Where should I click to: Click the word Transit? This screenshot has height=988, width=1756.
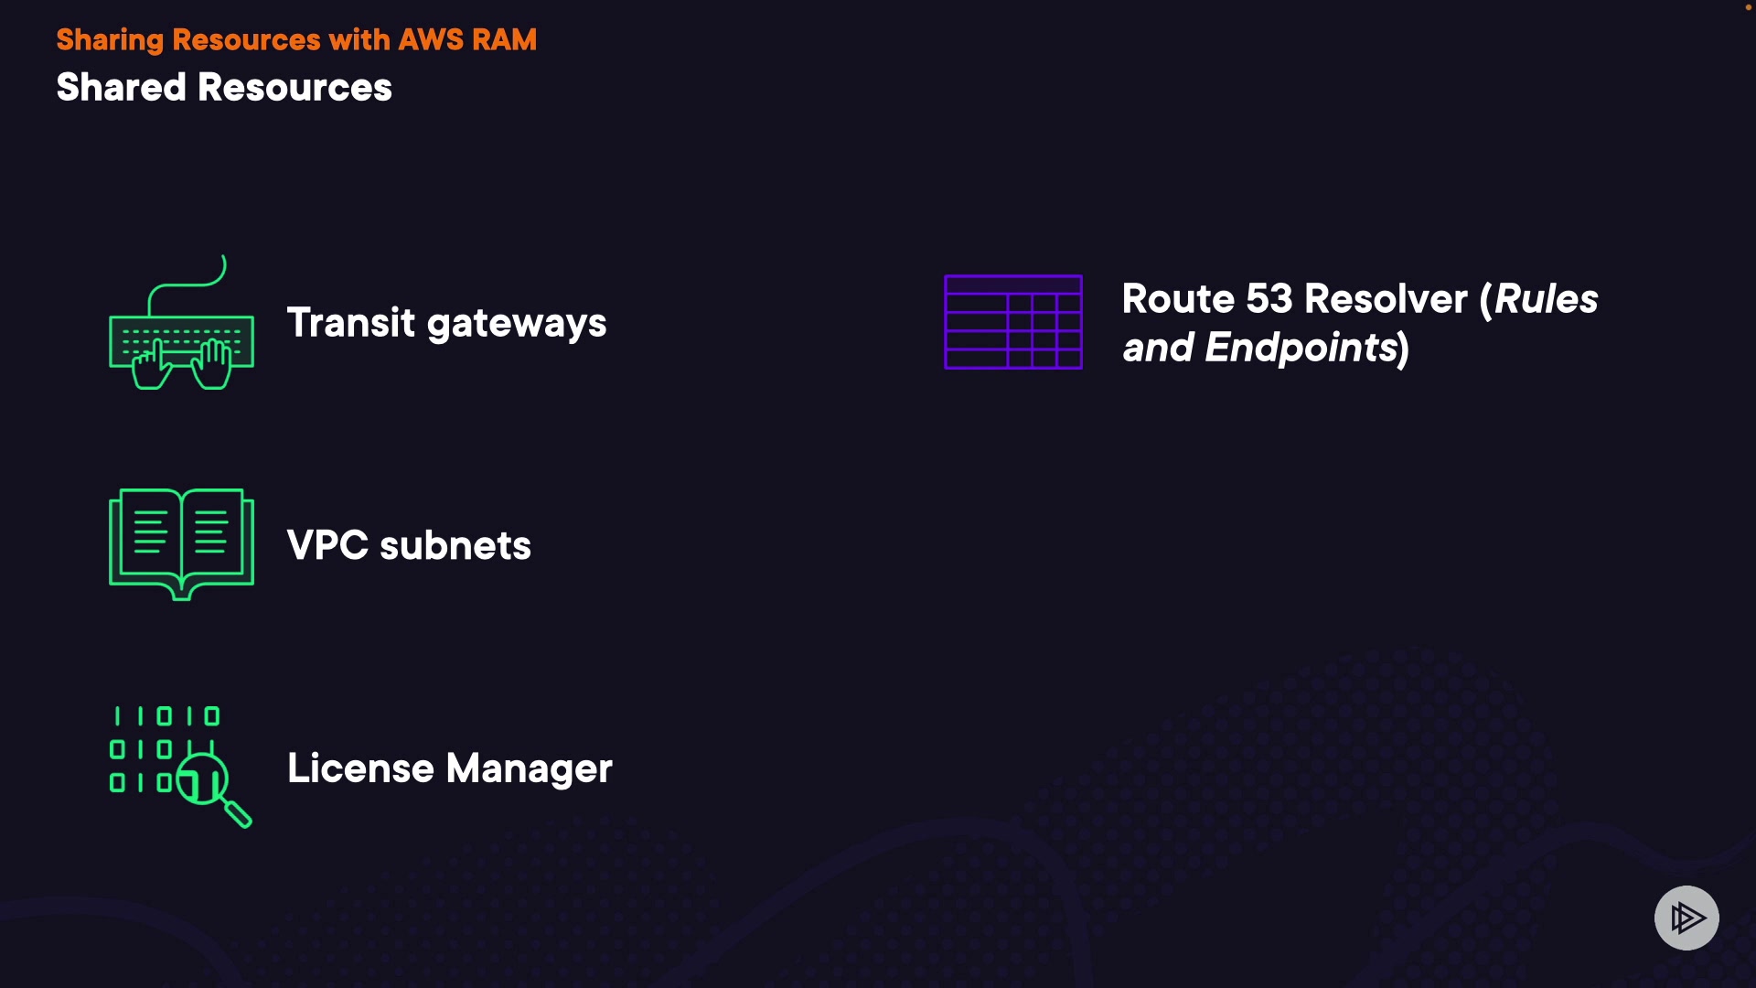click(351, 323)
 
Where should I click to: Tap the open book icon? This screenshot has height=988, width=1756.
click(181, 543)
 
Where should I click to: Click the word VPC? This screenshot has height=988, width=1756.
click(327, 545)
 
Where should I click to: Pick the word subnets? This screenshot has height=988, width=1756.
click(455, 545)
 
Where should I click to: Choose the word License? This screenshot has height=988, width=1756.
click(360, 768)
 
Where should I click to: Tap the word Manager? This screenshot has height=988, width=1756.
click(530, 769)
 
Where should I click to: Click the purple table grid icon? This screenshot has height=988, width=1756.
click(1013, 322)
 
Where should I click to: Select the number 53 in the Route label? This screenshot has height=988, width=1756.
click(1269, 299)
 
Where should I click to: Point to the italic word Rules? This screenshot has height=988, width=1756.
click(1547, 299)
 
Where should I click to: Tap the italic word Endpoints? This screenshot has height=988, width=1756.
click(1301, 349)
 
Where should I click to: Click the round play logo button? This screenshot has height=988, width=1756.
click(1686, 918)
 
